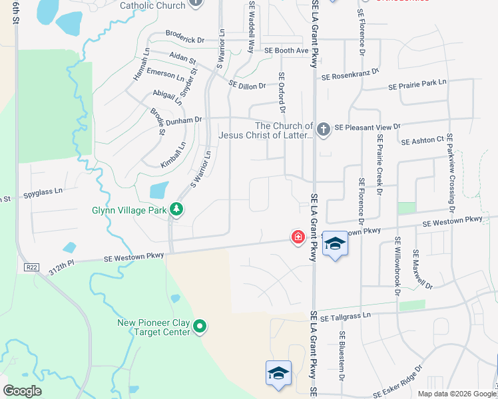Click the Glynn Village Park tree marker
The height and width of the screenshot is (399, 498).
click(x=176, y=209)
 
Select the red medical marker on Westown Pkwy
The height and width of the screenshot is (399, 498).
click(x=298, y=237)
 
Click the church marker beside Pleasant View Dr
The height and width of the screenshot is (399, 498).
click(x=324, y=129)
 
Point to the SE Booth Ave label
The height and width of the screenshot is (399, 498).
click(x=286, y=51)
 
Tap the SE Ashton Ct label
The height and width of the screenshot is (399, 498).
click(x=423, y=140)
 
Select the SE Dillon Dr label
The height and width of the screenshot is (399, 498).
click(x=247, y=85)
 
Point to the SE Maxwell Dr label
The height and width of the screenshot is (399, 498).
click(x=422, y=270)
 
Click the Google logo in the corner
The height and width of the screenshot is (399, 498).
click(x=22, y=391)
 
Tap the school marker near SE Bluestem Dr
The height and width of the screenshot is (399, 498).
click(x=279, y=372)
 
